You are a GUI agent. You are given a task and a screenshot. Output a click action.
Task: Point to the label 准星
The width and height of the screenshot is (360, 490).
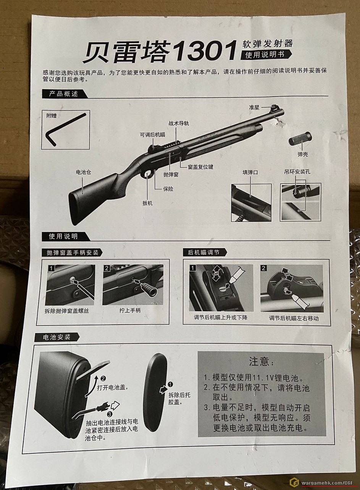[254, 107]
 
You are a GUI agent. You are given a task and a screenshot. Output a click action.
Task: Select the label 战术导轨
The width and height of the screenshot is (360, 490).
[179, 123]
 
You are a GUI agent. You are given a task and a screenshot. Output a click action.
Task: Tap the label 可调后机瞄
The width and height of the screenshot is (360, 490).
[153, 135]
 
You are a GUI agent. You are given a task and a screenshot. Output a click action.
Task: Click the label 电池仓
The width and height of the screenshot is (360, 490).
[83, 172]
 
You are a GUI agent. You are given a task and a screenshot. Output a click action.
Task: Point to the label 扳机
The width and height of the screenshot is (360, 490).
[147, 203]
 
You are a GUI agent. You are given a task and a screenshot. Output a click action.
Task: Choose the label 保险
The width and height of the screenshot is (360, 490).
[168, 189]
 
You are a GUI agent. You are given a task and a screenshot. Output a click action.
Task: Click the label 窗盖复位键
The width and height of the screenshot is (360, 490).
[200, 167]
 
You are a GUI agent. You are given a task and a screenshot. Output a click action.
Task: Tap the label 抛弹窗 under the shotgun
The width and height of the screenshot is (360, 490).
[171, 174]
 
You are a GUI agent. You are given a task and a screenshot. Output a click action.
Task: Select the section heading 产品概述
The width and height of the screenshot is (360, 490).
[63, 94]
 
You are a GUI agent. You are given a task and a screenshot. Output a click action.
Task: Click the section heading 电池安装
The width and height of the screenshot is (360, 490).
[57, 337]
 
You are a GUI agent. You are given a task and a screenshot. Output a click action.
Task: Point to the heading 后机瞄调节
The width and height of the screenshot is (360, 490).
[203, 252]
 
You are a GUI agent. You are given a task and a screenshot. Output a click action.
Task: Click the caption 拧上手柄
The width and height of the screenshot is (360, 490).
[130, 310]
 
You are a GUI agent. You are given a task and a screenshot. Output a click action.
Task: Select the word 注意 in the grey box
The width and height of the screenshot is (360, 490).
[259, 361]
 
